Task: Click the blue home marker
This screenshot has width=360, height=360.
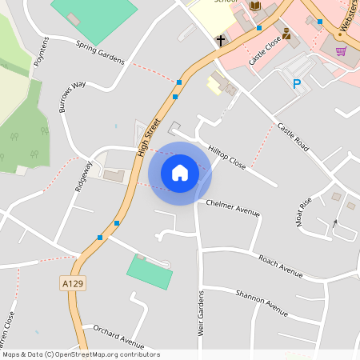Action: point(179,173)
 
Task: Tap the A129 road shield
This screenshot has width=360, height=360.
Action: point(71,283)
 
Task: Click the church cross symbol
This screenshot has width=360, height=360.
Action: point(220,39)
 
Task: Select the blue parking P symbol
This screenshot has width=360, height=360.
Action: point(297,83)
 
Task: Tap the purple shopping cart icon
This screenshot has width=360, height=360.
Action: point(341,51)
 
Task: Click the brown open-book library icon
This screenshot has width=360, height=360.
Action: point(255,6)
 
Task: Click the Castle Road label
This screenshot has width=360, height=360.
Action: point(293,138)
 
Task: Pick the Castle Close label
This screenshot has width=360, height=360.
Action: point(265,48)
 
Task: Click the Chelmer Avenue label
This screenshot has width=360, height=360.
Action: point(234,208)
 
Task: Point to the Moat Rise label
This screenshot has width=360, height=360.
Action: point(304,211)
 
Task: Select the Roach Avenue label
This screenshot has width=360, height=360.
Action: point(280,266)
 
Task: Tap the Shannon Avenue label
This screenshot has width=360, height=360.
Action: point(262,302)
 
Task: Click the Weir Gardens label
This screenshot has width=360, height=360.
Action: point(200,314)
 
